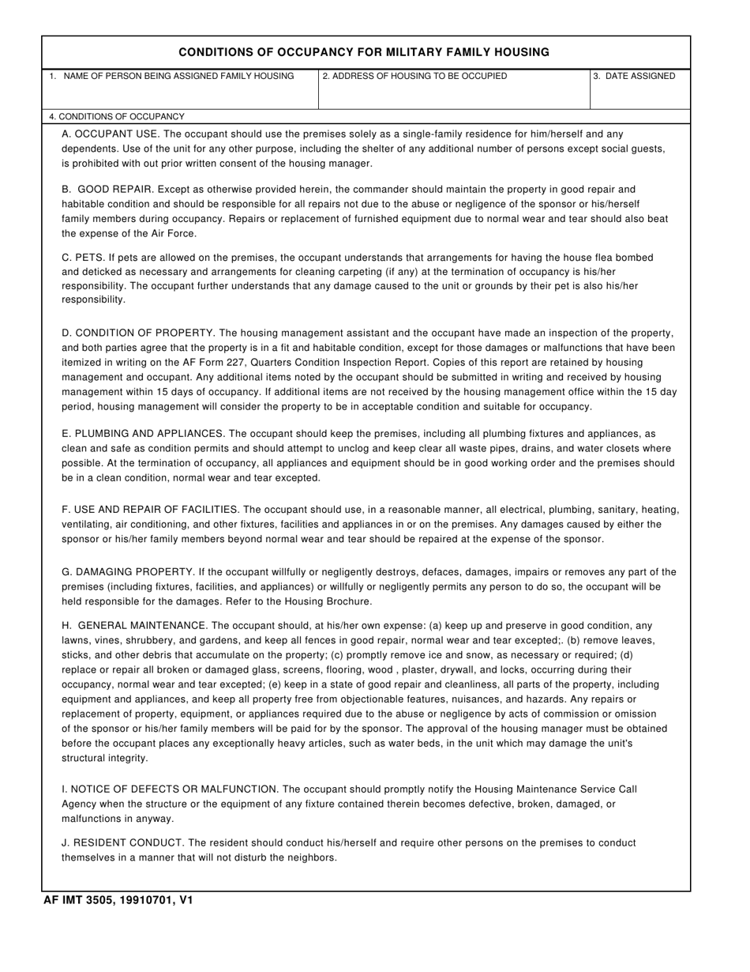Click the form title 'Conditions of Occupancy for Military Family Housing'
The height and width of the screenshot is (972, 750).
[x=364, y=52]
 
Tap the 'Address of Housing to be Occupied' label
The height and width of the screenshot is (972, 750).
[x=414, y=77]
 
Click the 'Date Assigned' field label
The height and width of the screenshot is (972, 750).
[x=634, y=77]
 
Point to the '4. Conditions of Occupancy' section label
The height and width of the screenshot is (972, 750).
[x=117, y=116]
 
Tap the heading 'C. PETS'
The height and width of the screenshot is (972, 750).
[x=81, y=258]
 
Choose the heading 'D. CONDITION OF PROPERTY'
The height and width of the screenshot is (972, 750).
[x=137, y=333]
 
